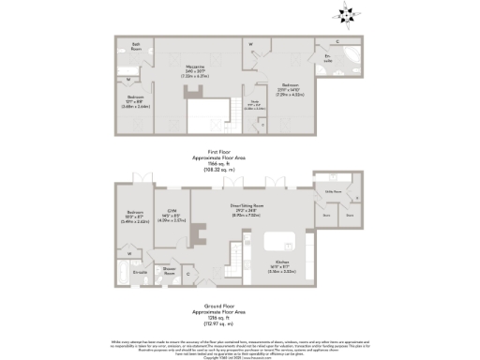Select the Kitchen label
click(282, 264)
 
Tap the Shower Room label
click(170, 272)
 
